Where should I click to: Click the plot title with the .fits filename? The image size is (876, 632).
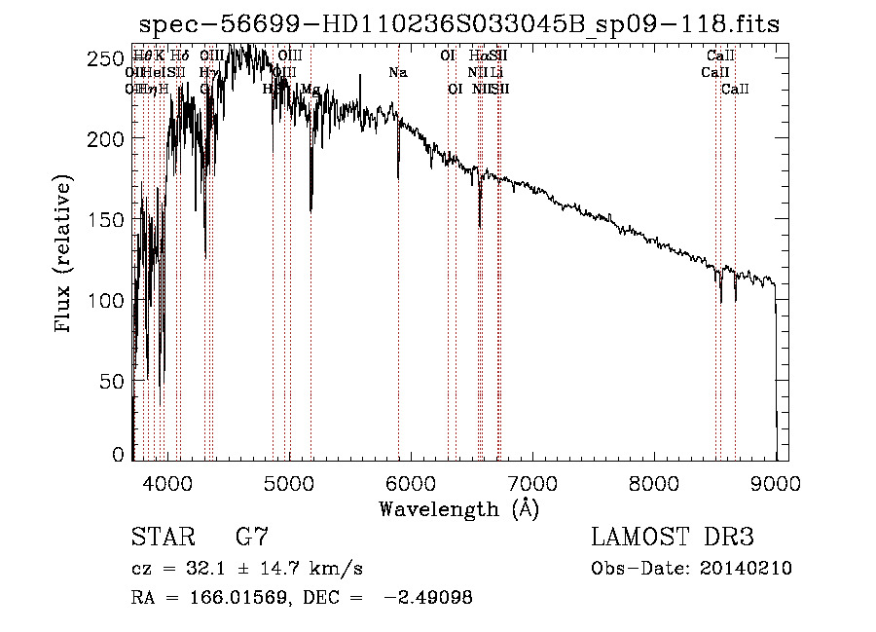460,24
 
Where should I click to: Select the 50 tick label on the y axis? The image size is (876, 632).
116,381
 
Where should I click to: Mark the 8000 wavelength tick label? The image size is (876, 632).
654,481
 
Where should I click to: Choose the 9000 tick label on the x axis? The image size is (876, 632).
776,481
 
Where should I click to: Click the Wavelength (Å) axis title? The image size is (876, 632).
458,508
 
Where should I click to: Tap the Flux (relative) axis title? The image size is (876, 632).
65,255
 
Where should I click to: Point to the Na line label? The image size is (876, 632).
397,73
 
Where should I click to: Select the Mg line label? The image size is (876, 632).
310,90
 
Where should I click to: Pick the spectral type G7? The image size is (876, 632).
252,538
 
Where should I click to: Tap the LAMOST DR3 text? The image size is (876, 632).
673,538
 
